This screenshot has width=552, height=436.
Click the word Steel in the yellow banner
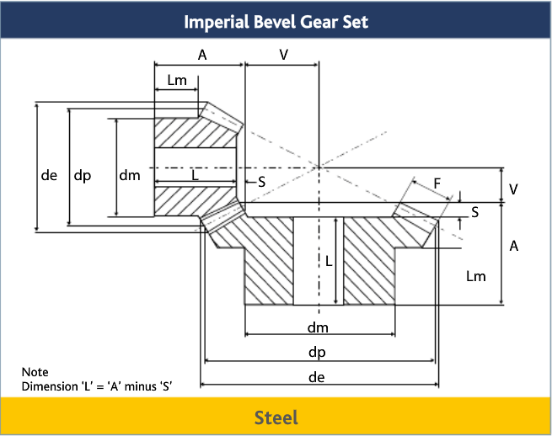[276, 417]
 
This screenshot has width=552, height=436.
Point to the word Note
[35, 372]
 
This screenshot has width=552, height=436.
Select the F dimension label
[437, 183]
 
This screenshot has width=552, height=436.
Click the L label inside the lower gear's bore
[329, 262]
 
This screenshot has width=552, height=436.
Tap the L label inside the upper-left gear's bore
[194, 176]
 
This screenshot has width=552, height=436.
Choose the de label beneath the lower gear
[317, 377]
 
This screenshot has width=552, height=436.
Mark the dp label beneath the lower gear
[317, 352]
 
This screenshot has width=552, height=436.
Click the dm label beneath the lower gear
[317, 327]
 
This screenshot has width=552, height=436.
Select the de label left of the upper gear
[50, 176]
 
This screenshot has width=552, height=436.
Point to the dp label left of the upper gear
[83, 176]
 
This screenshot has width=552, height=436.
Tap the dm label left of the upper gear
[129, 176]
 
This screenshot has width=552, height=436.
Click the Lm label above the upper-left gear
[177, 81]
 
